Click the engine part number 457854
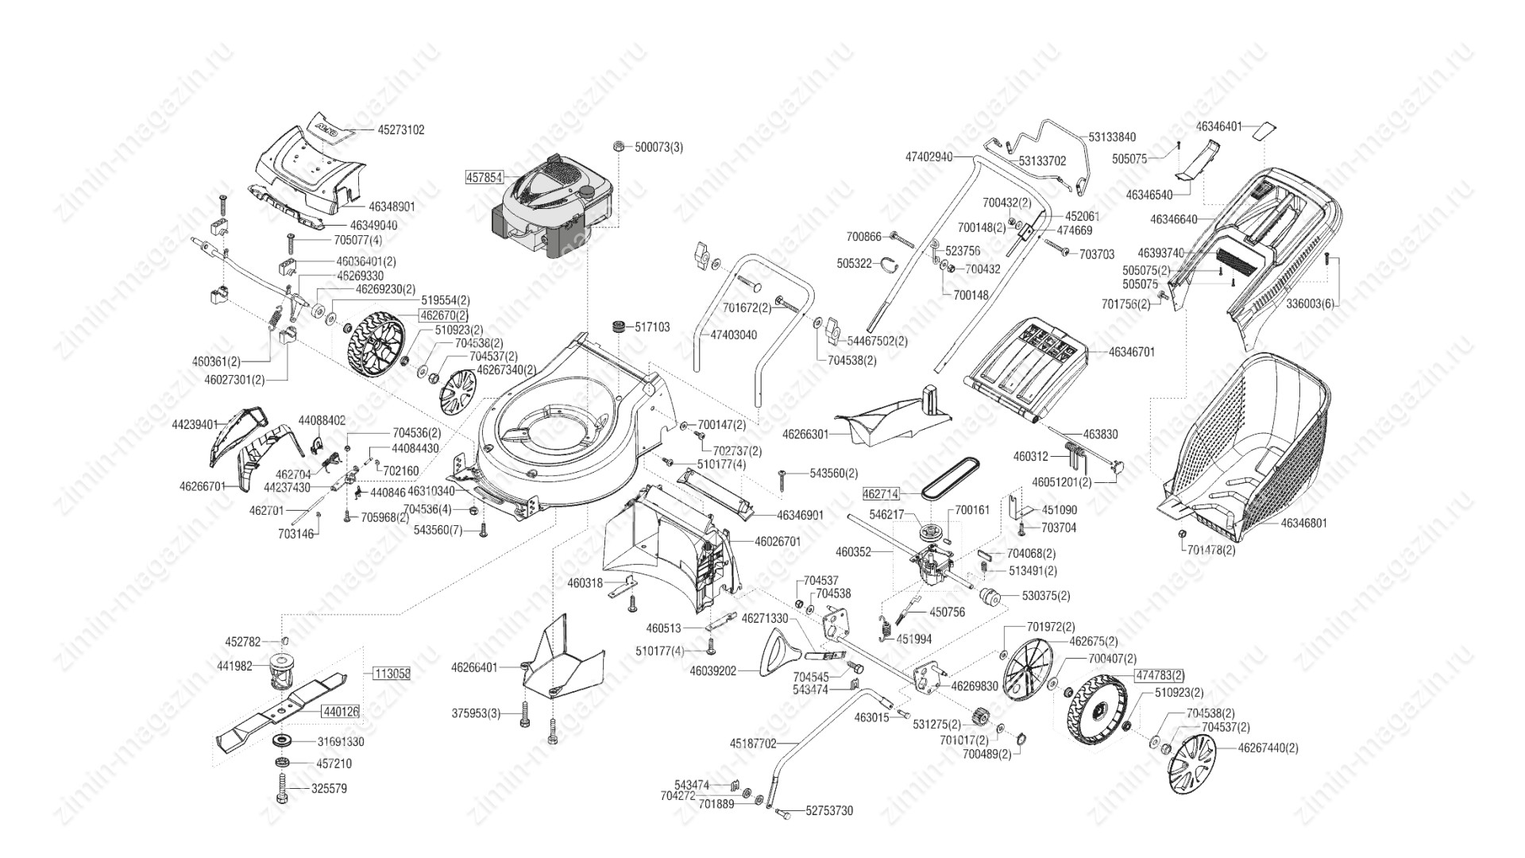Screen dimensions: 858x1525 483,177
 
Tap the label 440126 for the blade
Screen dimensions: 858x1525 341,712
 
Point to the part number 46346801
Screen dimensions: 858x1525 1303,524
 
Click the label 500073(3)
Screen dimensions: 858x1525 658,147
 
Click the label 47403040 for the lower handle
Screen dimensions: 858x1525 733,335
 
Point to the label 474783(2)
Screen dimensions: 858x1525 1160,675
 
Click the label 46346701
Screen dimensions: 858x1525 1132,351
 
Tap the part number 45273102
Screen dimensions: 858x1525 401,129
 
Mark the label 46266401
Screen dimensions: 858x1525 474,667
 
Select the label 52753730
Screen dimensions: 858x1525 829,811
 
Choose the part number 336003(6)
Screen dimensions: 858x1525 1306,303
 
